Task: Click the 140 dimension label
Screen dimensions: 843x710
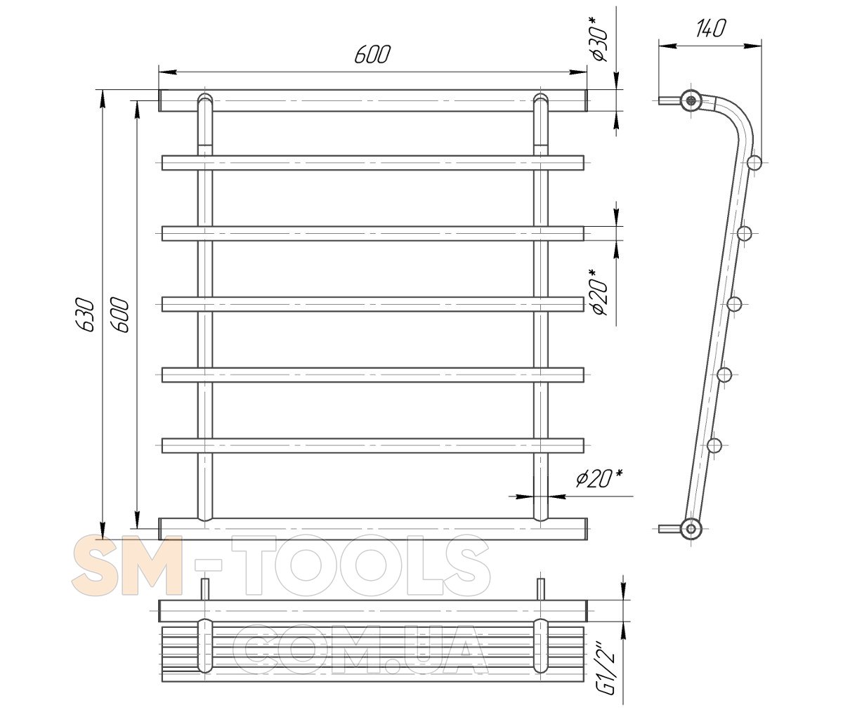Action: pyautogui.click(x=710, y=28)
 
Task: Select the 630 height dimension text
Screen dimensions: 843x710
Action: pyautogui.click(x=86, y=315)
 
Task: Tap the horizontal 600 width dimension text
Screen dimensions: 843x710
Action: pyautogui.click(x=372, y=55)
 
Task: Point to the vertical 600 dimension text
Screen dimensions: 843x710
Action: pyautogui.click(x=120, y=315)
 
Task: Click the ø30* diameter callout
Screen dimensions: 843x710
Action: pyautogui.click(x=599, y=39)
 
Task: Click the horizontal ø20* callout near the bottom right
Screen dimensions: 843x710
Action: pyautogui.click(x=598, y=478)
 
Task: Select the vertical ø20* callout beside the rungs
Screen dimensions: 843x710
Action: pyautogui.click(x=599, y=292)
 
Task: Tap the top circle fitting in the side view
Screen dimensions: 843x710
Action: pyautogui.click(x=691, y=100)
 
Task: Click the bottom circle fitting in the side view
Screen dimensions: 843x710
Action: pyautogui.click(x=691, y=529)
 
